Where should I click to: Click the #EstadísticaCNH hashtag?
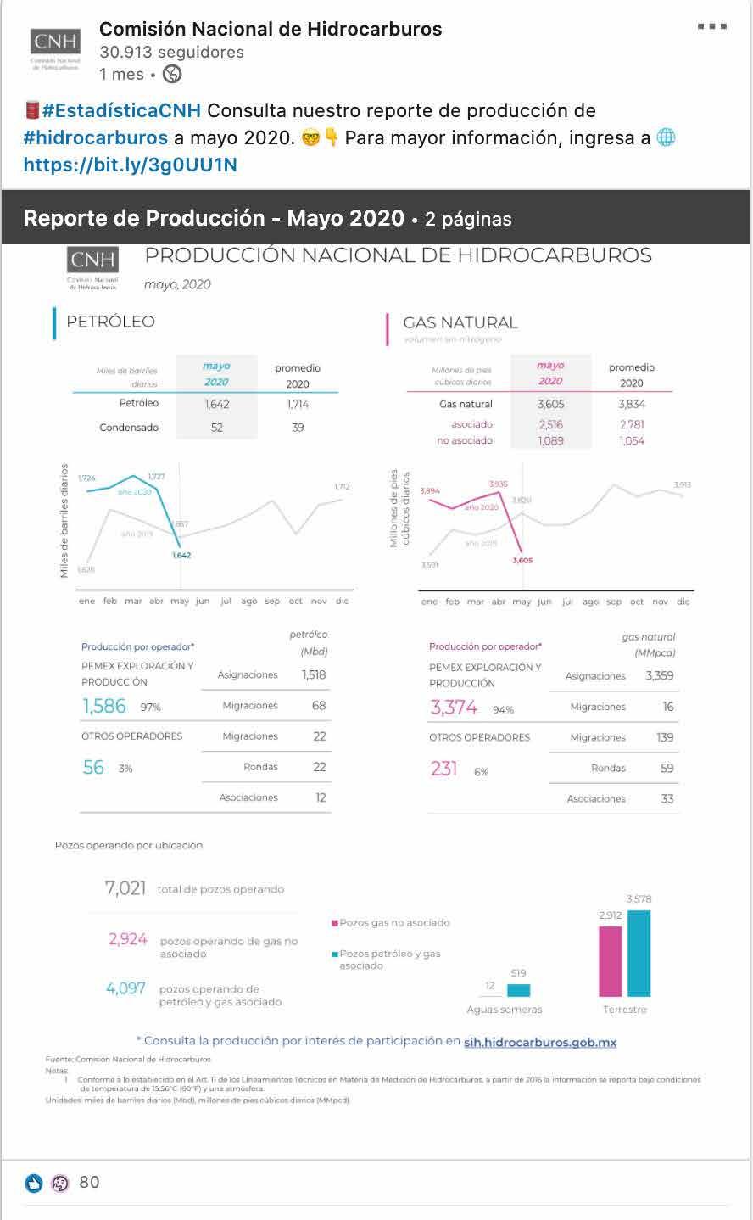click(x=121, y=111)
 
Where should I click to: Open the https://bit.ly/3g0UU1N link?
click(x=130, y=164)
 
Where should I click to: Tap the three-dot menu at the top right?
click(x=711, y=27)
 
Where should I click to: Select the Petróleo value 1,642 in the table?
click(x=217, y=404)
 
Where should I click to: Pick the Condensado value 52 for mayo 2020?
click(x=217, y=428)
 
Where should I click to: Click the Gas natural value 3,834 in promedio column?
click(x=632, y=405)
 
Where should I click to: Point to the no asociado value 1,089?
click(x=551, y=441)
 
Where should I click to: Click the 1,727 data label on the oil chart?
click(x=157, y=477)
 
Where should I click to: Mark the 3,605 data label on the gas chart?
click(x=522, y=561)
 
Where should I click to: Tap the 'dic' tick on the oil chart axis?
click(x=342, y=602)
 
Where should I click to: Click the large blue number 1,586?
click(x=104, y=706)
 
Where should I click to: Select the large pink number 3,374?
click(x=454, y=708)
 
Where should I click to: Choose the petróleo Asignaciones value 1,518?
click(x=314, y=675)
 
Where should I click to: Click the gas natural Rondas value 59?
click(x=667, y=769)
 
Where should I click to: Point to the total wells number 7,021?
click(x=126, y=888)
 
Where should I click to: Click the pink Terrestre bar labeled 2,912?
click(x=610, y=960)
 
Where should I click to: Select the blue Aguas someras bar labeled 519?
click(x=518, y=990)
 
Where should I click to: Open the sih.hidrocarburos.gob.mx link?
click(x=540, y=1042)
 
